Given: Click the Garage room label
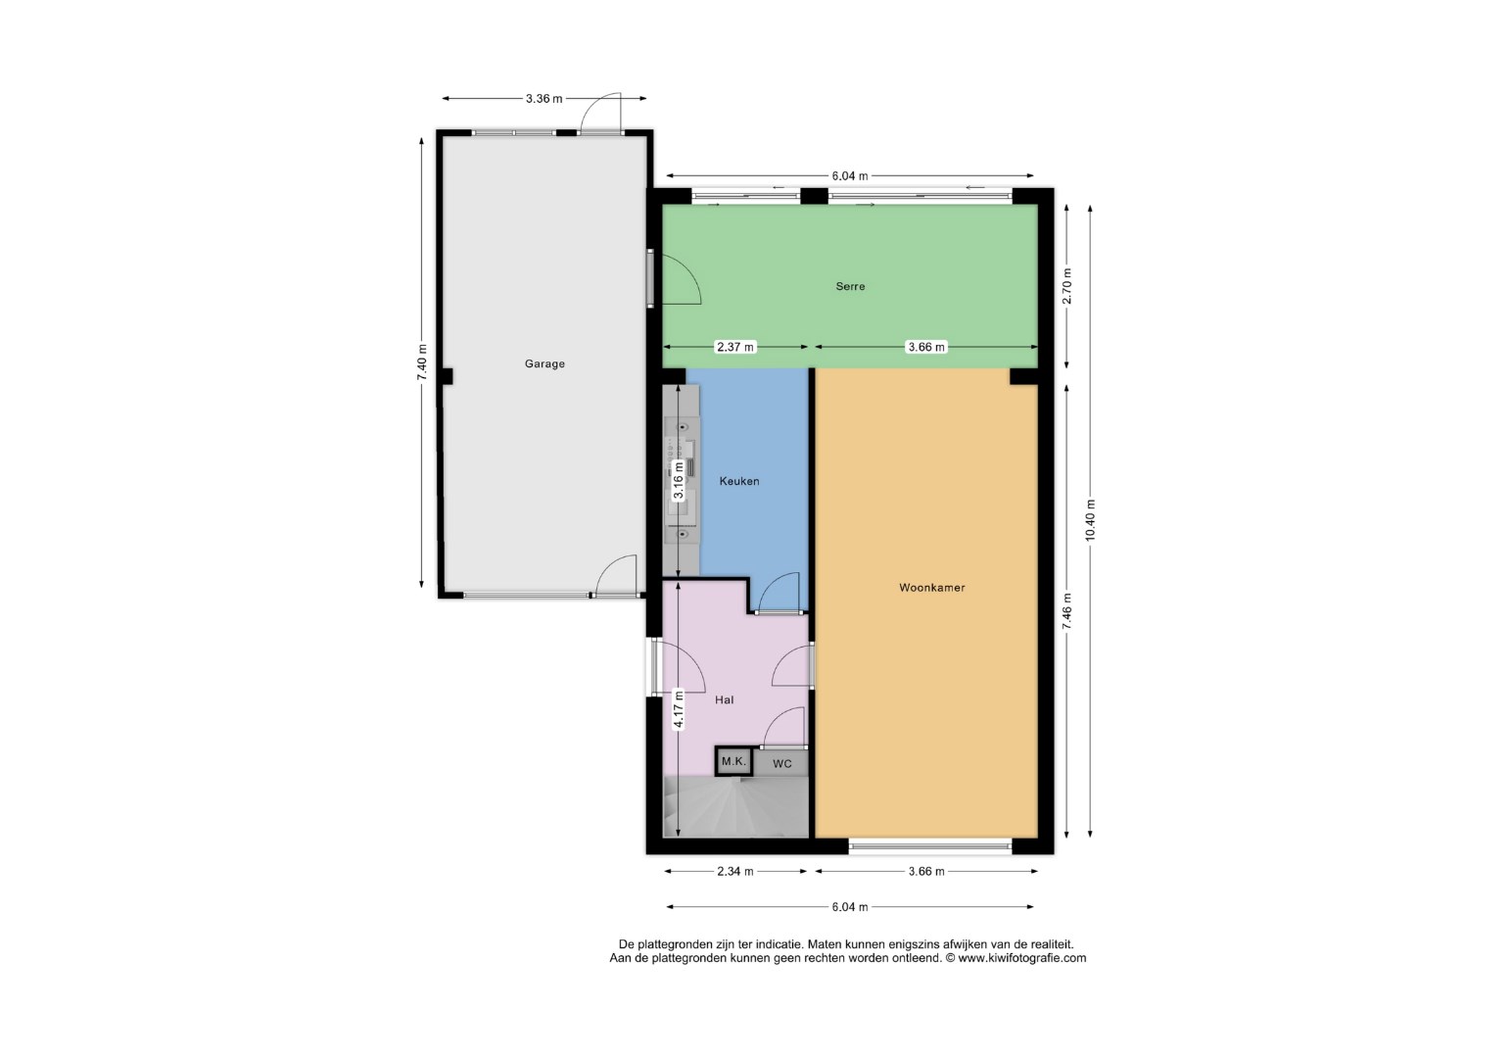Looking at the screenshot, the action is (544, 363).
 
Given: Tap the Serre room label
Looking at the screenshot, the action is (850, 286).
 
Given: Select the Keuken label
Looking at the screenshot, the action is (739, 481).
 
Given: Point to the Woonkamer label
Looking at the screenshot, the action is (931, 588).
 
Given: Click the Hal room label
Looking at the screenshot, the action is (725, 699).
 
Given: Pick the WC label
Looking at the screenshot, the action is (781, 764).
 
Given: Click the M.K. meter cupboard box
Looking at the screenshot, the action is (733, 762).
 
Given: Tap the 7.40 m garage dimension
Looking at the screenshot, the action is (422, 362).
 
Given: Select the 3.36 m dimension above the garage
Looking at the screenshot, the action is (543, 99).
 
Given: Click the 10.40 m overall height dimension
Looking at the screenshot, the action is (1090, 519).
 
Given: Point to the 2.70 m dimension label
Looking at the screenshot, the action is (1066, 286).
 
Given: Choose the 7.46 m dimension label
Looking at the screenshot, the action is (1066, 611).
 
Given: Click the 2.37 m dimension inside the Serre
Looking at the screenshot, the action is (735, 347).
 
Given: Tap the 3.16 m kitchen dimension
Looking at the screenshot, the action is (679, 480).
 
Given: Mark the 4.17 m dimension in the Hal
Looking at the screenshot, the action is (679, 709).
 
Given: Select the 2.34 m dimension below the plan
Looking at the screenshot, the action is (734, 871).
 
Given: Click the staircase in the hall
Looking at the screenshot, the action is (736, 807).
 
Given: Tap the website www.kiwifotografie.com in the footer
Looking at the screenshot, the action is (1022, 957).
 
